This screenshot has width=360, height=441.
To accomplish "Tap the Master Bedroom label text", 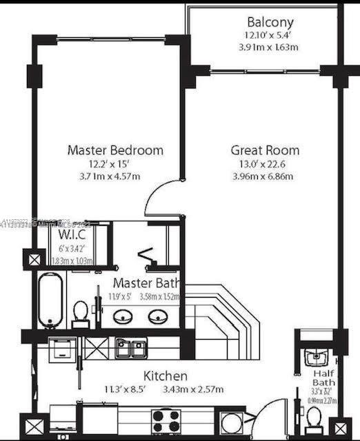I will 115,150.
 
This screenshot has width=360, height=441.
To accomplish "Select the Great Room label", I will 265,150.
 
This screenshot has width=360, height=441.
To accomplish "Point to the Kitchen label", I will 165,376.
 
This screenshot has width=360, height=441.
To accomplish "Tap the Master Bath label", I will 146,283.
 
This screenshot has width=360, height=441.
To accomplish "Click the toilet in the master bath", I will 81,314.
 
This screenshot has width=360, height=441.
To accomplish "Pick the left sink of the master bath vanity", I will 124,316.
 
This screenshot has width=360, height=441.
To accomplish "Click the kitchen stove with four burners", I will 166,420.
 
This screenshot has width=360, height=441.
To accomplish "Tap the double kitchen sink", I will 131,348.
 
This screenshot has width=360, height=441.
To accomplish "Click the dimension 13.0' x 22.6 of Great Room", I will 265,164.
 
